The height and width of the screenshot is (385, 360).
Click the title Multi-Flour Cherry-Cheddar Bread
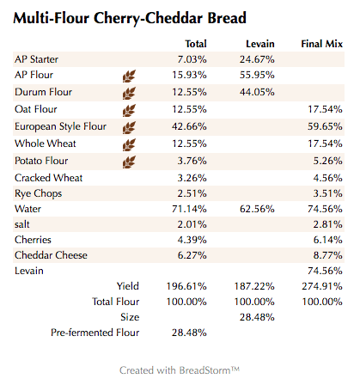(x=131, y=18)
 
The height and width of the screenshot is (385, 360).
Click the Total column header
(x=196, y=43)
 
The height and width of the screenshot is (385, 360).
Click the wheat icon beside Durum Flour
(x=129, y=93)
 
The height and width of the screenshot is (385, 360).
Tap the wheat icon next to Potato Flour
(x=129, y=161)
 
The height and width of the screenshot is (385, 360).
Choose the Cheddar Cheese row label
(x=52, y=255)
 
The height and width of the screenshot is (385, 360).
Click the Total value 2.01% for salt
(x=192, y=224)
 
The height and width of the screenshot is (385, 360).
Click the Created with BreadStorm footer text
(x=180, y=370)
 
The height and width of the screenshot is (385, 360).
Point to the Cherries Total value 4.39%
(x=192, y=240)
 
